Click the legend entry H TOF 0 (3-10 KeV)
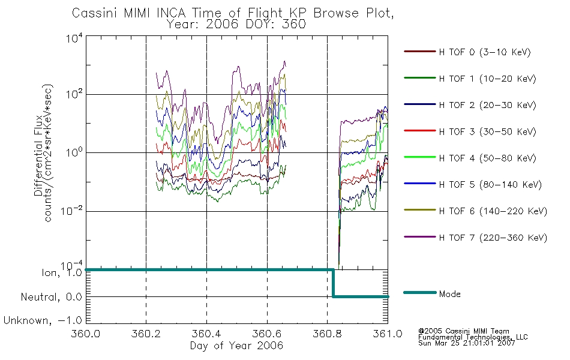[467, 52]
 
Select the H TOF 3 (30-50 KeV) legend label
[470, 131]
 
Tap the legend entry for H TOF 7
[475, 238]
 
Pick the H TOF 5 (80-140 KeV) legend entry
[473, 184]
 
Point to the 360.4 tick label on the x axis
[206, 334]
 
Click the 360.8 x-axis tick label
[327, 334]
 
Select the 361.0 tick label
[388, 334]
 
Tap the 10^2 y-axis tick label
[74, 95]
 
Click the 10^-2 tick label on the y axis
[71, 211]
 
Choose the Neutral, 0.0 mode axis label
[51, 297]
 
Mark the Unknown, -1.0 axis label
[43, 320]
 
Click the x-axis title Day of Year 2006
[236, 346]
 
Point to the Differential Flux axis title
[39, 155]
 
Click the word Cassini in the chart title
[95, 13]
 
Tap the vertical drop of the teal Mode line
[332, 283]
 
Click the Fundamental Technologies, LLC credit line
[473, 337]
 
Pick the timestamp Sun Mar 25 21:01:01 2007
[467, 343]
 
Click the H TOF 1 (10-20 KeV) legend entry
[470, 79]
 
